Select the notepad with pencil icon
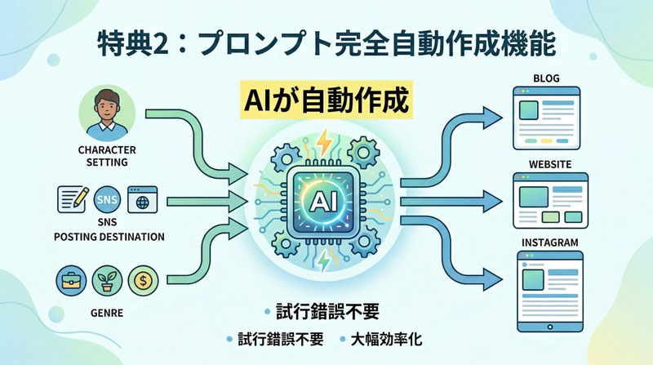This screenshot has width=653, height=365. click(x=71, y=198)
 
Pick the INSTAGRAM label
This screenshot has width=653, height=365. click(x=548, y=243)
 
